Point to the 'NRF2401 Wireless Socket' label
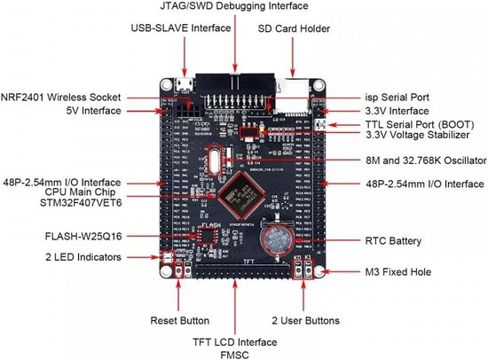click(x=62, y=96)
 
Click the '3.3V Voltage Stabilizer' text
click(x=413, y=137)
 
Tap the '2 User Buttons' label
click(x=303, y=318)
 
